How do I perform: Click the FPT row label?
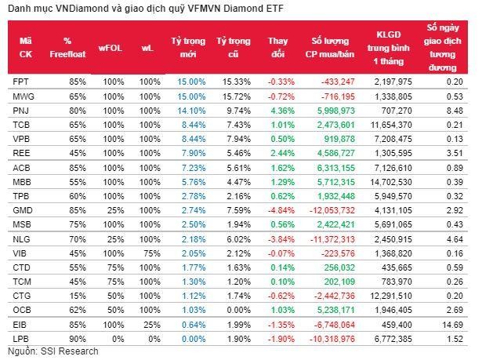pos(22,82)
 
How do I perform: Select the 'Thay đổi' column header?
pos(277,47)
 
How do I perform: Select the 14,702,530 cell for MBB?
pos(399,182)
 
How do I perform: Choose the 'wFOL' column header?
pos(111,47)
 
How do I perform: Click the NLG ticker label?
pos(22,239)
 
